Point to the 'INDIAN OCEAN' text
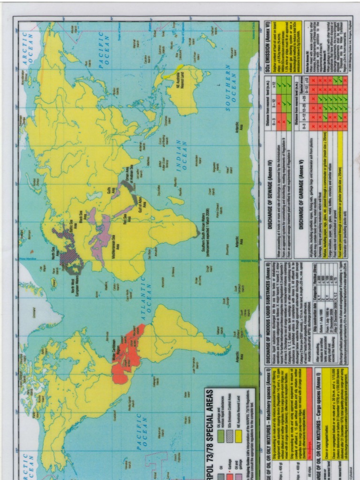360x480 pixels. [x=182, y=155]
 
